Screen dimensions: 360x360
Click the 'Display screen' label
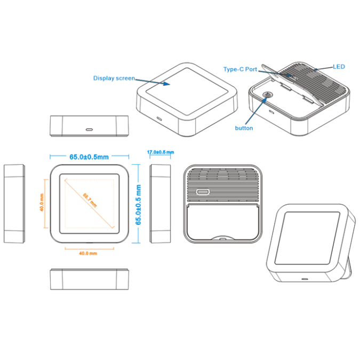point(114,78)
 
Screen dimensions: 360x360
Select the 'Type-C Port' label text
point(239,69)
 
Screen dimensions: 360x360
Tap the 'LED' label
point(339,67)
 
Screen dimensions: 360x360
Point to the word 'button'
point(244,128)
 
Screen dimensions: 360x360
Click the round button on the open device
point(267,95)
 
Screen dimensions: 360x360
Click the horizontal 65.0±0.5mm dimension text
point(89,157)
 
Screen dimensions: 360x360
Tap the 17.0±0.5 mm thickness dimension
point(160,153)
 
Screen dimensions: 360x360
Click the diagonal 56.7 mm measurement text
point(90,202)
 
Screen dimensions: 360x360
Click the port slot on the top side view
point(89,129)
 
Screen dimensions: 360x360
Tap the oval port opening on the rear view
point(203,192)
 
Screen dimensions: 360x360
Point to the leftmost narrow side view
point(14,204)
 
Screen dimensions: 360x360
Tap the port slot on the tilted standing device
point(305,279)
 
